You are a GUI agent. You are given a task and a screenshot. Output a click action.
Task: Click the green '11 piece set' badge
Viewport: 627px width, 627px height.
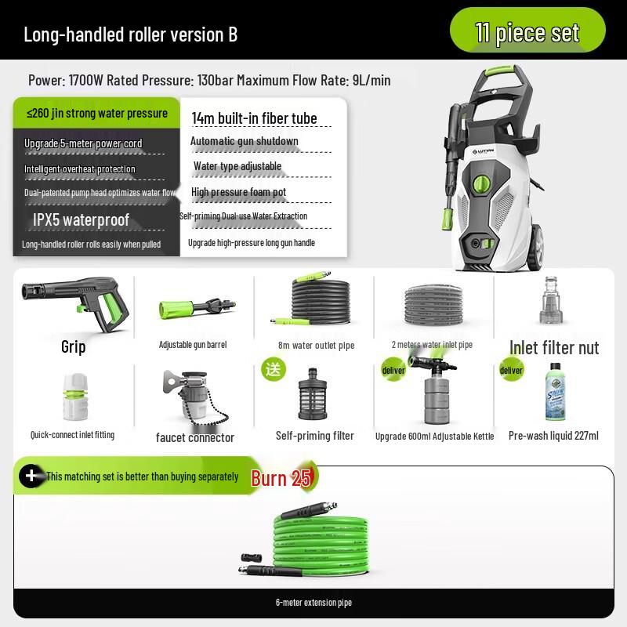click(x=527, y=32)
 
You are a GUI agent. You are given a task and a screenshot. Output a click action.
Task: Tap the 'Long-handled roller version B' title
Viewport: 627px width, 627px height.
click(x=130, y=34)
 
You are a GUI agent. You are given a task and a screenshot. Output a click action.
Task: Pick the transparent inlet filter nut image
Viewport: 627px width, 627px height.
click(x=553, y=301)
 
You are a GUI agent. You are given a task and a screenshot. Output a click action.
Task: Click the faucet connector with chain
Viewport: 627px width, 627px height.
click(x=190, y=398)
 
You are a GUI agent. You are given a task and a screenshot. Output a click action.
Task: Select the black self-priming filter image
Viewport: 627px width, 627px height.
click(x=315, y=397)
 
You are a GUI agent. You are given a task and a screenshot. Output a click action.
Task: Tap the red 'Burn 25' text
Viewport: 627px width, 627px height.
click(x=281, y=478)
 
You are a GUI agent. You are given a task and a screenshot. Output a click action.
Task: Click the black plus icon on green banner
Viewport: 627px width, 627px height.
click(x=31, y=476)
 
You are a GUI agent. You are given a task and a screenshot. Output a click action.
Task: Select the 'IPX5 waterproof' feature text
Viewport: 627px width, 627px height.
click(x=82, y=219)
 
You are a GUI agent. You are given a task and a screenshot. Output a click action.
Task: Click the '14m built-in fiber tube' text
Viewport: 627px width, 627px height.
click(x=255, y=118)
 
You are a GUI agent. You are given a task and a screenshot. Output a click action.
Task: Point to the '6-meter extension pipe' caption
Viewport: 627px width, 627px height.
click(x=313, y=603)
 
